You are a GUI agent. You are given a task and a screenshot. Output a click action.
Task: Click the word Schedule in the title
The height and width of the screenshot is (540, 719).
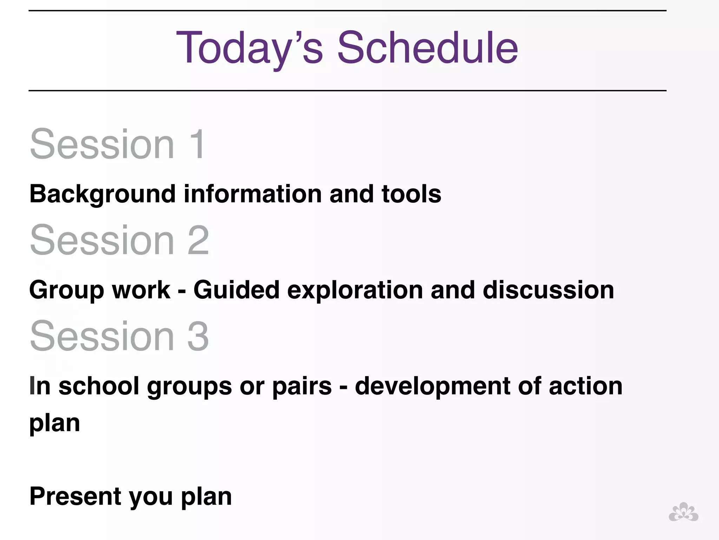coord(427,48)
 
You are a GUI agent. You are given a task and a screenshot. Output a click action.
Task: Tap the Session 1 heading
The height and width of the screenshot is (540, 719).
coord(118,144)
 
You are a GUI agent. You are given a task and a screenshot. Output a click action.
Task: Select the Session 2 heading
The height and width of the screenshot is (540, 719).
coord(119,240)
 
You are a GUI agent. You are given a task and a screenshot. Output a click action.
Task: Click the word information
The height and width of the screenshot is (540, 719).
coord(252,194)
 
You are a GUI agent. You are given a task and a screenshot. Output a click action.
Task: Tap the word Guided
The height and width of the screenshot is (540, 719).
coord(236,290)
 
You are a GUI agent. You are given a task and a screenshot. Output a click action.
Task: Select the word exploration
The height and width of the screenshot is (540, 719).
coord(355,290)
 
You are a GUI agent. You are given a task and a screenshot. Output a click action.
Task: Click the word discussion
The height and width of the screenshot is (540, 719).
coord(548,290)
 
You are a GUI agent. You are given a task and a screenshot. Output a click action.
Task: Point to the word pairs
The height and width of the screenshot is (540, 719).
coord(302,386)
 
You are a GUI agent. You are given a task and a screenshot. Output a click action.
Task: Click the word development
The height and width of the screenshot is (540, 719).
coord(432,386)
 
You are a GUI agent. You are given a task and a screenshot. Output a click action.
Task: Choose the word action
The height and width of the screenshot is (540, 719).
coord(585,386)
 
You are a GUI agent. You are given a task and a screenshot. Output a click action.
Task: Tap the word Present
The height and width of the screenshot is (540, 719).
coord(75,496)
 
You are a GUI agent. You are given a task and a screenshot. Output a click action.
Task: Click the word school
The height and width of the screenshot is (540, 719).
coord(99,386)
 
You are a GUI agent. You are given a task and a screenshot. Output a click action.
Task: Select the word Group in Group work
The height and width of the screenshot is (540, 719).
coord(66,290)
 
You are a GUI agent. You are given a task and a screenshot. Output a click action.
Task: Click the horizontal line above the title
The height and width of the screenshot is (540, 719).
coord(347,11)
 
